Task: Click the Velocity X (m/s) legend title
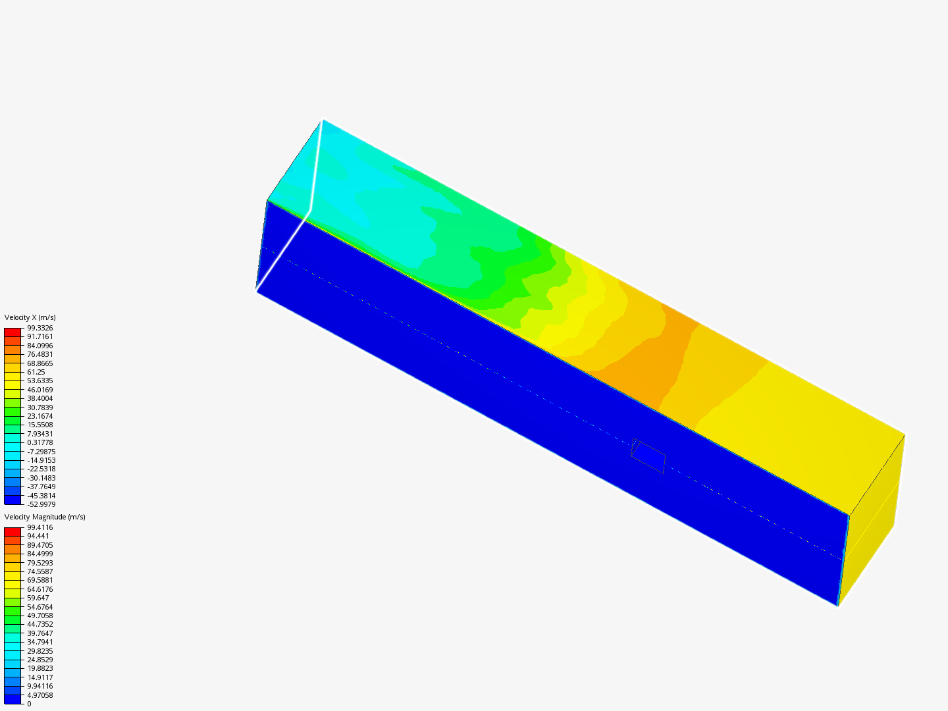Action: (30, 317)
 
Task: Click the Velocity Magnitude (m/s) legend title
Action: (45, 517)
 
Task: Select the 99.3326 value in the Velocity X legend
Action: (39, 328)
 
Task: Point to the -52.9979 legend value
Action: (41, 504)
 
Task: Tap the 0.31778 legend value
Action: (39, 442)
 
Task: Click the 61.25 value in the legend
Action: (36, 372)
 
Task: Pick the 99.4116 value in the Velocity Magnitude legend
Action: (39, 527)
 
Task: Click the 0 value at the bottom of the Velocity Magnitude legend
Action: (29, 704)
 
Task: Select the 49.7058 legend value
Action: (39, 616)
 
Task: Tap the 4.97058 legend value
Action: (39, 695)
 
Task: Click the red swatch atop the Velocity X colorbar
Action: (13, 332)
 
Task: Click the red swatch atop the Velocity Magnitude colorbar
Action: (13, 532)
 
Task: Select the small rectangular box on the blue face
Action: (648, 456)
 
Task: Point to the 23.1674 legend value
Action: (39, 416)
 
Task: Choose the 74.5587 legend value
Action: (39, 571)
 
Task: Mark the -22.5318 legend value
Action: (41, 469)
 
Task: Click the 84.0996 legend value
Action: (39, 346)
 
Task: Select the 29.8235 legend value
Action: (39, 650)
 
